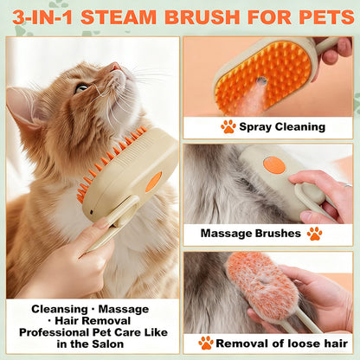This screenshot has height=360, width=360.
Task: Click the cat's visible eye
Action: pyautogui.click(x=82, y=87)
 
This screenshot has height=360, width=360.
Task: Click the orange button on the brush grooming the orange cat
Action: pyautogui.click(x=153, y=182)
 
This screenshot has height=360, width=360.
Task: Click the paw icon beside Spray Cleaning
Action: pyautogui.click(x=228, y=126)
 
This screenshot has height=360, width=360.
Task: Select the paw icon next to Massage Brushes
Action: pyautogui.click(x=314, y=233)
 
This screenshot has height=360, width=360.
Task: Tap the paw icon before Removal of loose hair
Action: pyautogui.click(x=205, y=343)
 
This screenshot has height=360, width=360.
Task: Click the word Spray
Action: pyautogui.click(x=259, y=126)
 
